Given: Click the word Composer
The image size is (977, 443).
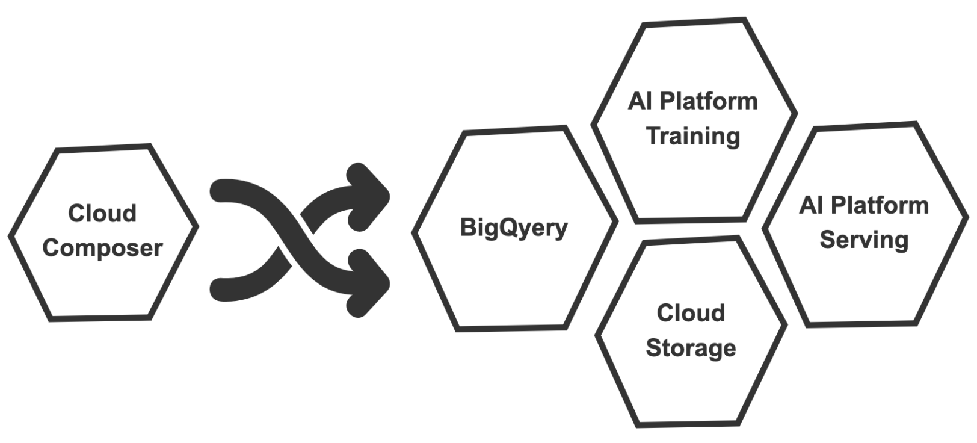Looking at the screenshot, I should click(102, 248).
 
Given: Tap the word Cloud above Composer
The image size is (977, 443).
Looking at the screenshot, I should click(102, 214).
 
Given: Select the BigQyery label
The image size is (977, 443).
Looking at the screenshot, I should click(514, 228).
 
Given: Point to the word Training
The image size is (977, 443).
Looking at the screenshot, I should click(693, 136).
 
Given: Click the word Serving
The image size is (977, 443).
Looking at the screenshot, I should click(864, 240).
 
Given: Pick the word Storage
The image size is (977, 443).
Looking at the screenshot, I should click(691, 348).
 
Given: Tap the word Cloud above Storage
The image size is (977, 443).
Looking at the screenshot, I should click(691, 313).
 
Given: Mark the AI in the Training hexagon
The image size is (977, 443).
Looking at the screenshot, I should click(640, 101).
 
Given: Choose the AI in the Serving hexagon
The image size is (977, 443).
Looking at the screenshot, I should click(811, 206).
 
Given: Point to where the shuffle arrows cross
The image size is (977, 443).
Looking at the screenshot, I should click(294, 239).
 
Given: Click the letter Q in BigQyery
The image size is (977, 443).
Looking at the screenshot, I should click(507, 228).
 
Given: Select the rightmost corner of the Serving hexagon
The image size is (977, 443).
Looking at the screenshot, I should click(966, 221).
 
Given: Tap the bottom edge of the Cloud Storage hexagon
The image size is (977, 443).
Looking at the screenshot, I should click(687, 424).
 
